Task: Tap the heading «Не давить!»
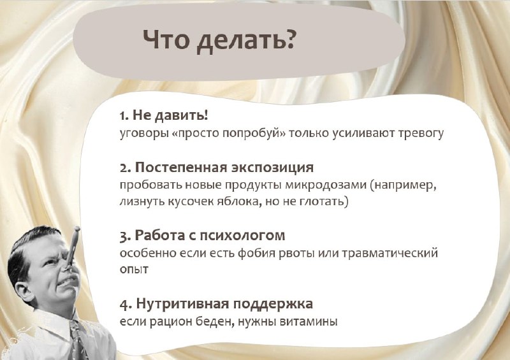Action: (x=170, y=115)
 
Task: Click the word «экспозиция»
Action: (x=273, y=168)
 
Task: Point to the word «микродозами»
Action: (x=326, y=185)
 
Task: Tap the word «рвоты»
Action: (x=296, y=254)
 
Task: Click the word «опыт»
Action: (x=134, y=270)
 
